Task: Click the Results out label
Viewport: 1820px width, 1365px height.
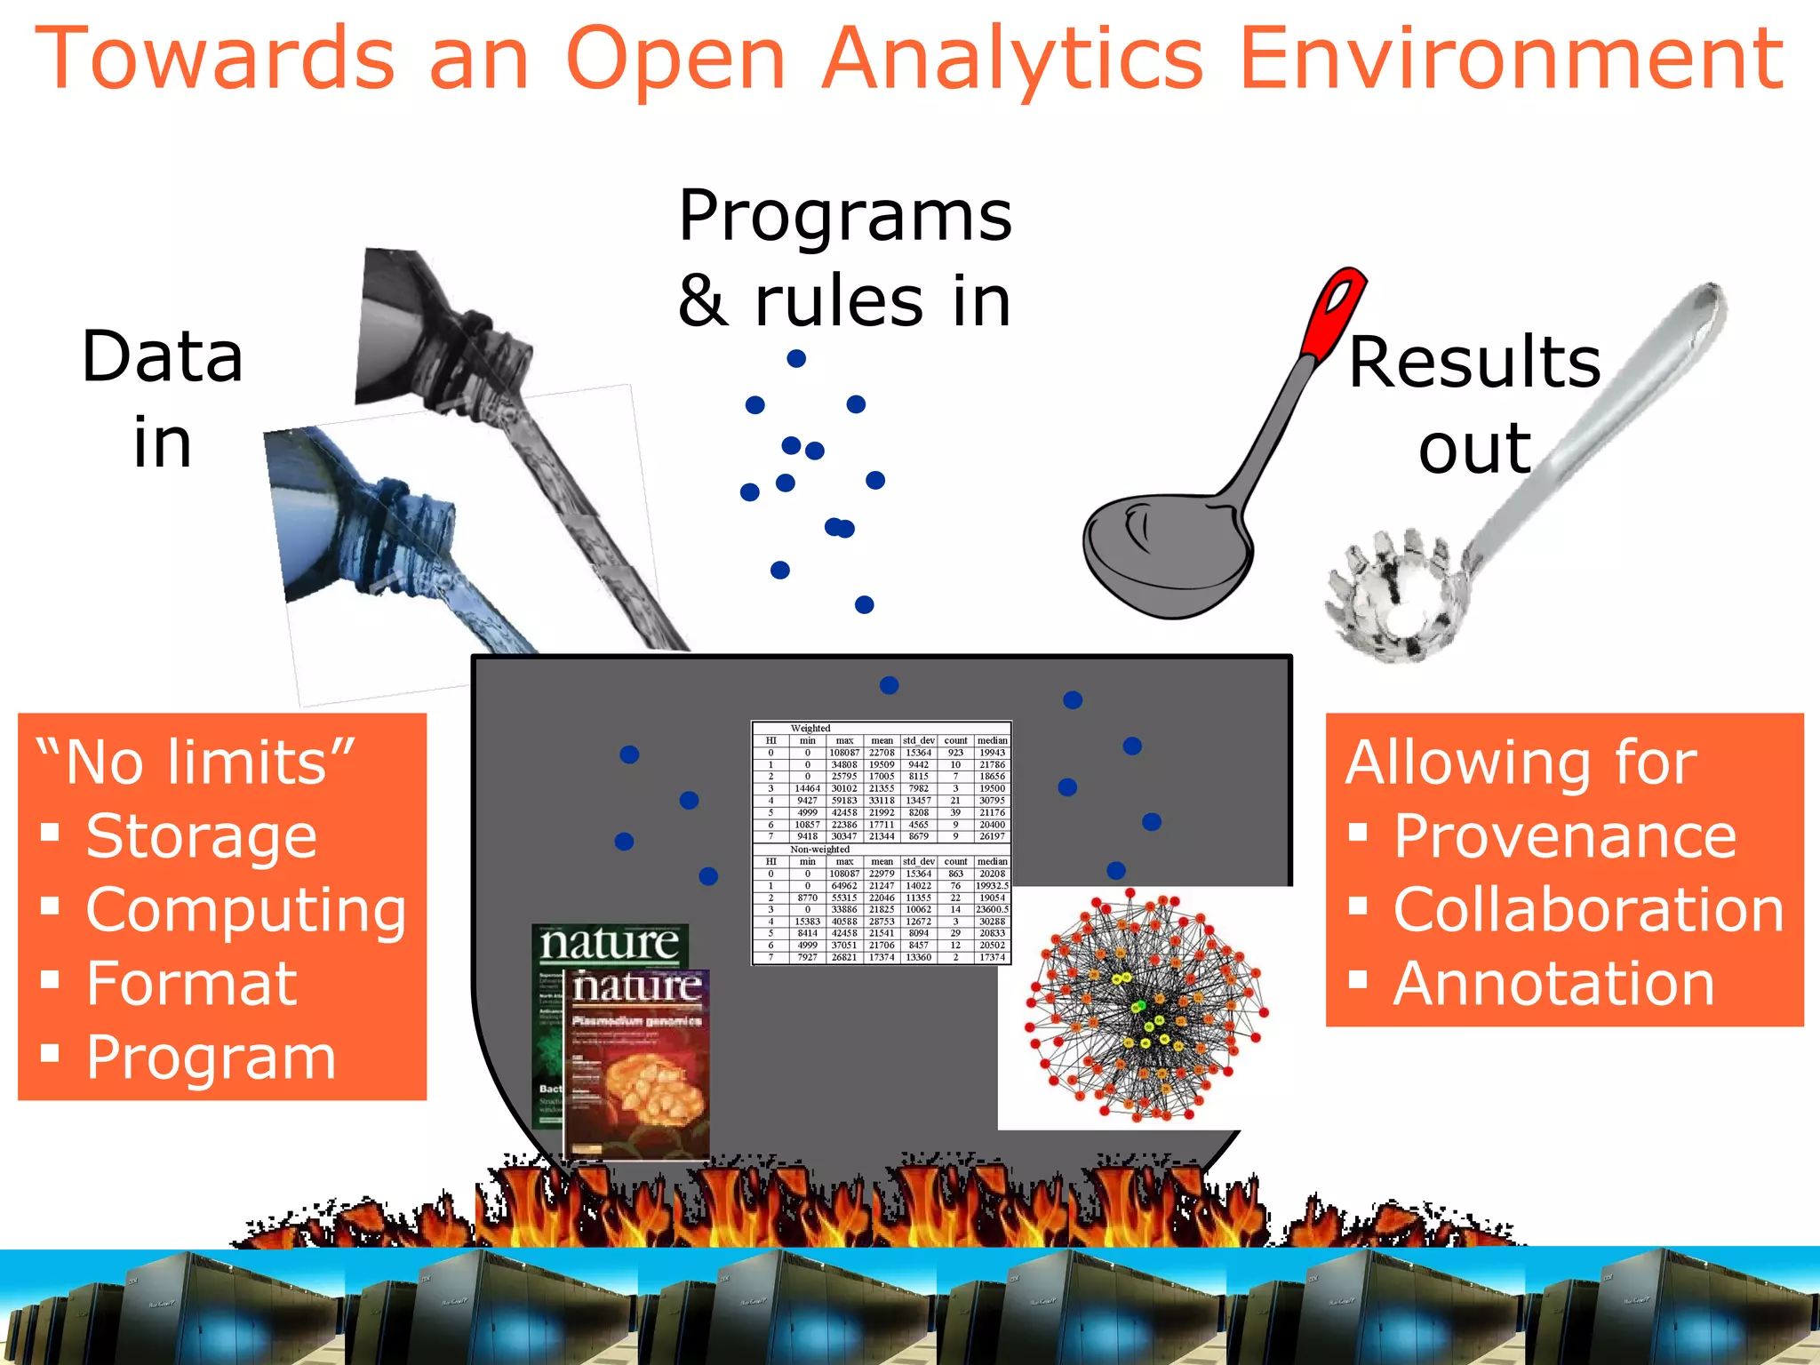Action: (x=1474, y=404)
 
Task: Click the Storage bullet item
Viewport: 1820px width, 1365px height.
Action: (x=201, y=836)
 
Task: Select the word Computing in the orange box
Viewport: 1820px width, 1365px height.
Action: (x=246, y=910)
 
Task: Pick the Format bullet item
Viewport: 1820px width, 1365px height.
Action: (x=191, y=984)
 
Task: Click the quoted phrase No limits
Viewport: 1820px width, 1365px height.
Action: (x=196, y=762)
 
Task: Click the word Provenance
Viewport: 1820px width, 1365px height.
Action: (x=1564, y=836)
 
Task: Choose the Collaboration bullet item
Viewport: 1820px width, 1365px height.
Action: (x=1588, y=910)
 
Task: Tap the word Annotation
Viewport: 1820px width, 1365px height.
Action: (x=1553, y=984)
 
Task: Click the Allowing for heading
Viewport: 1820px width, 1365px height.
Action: (x=1521, y=762)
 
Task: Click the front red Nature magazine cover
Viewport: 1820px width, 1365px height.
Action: (x=637, y=1066)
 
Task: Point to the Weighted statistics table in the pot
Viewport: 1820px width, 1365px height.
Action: (x=882, y=842)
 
